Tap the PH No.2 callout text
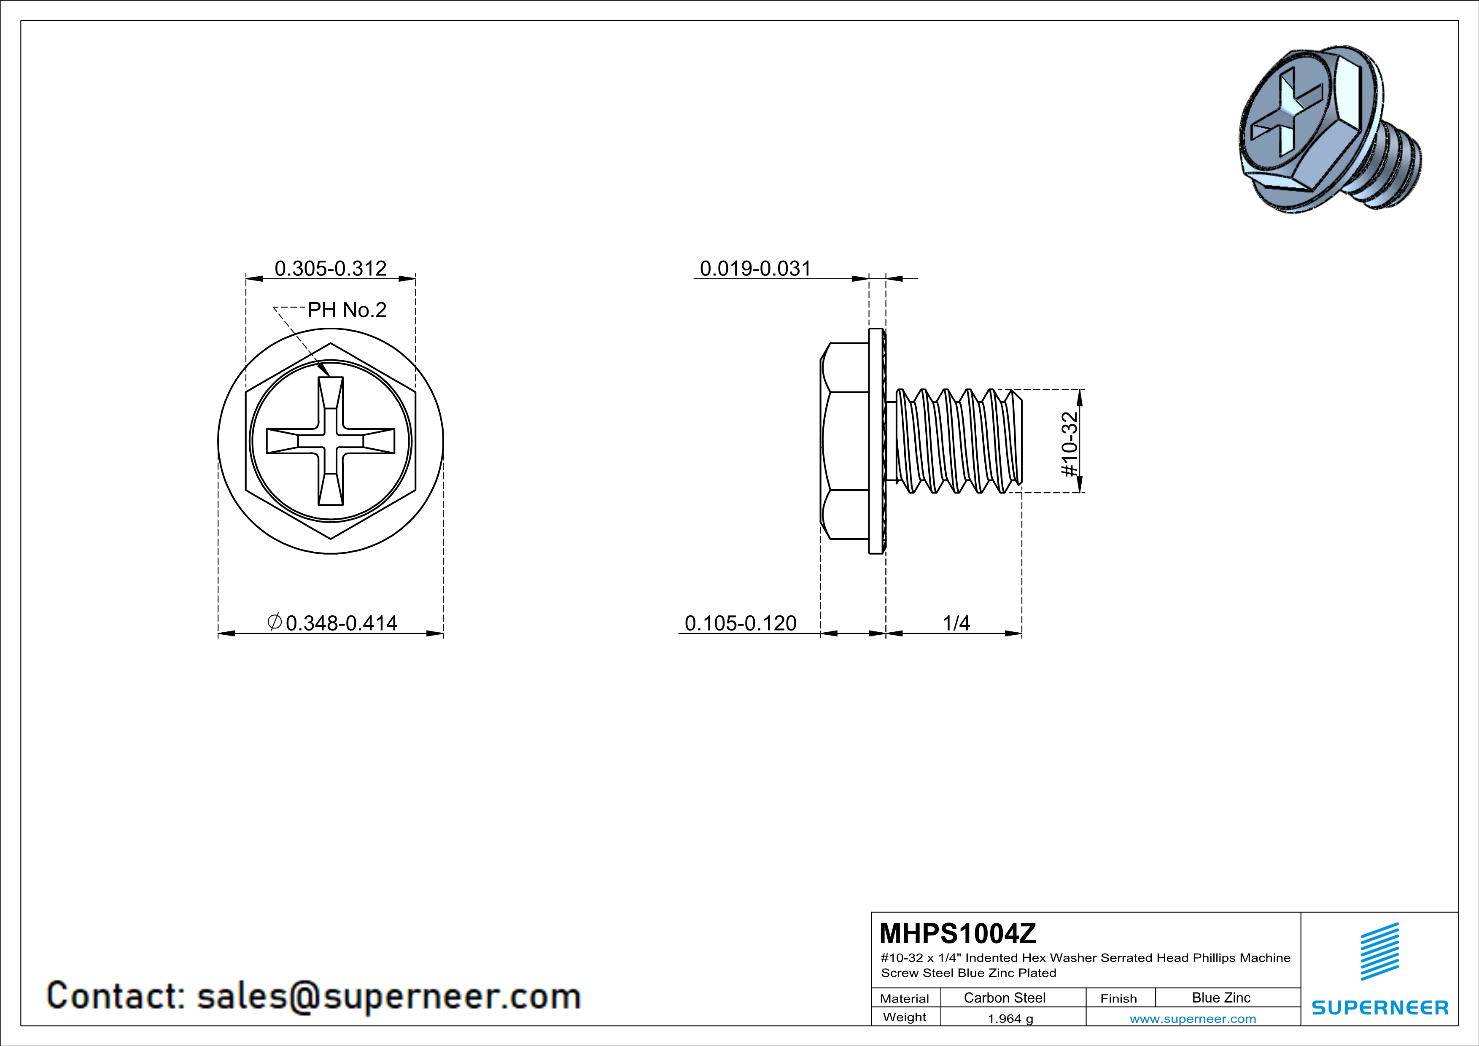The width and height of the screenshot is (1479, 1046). tap(347, 310)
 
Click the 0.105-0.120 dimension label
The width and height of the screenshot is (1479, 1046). tap(740, 623)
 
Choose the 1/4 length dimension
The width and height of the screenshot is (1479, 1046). tap(956, 623)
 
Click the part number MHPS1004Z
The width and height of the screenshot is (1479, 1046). tap(958, 933)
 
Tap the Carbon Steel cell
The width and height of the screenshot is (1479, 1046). tap(1004, 997)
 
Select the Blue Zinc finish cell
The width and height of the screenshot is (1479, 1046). tap(1220, 997)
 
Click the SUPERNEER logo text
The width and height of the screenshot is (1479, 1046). tap(1380, 1007)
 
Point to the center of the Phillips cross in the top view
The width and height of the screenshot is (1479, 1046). tap(331, 441)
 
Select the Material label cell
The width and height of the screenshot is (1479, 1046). tap(905, 998)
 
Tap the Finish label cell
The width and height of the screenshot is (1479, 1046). tap(1118, 998)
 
